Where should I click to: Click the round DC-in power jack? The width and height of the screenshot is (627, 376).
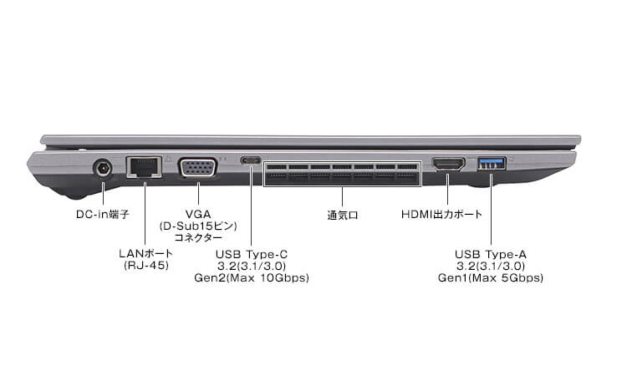coord(103,170)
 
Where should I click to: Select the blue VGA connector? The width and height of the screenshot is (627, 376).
coord(197,169)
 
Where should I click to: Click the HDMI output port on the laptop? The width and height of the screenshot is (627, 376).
coord(449,165)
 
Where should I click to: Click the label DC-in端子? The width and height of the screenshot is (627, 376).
coord(102,215)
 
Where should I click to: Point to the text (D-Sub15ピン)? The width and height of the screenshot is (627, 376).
coord(197,226)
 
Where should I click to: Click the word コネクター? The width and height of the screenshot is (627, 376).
coord(197,238)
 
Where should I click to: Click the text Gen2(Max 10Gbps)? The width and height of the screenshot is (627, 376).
coord(251,277)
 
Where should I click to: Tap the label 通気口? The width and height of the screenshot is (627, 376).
coord(342,215)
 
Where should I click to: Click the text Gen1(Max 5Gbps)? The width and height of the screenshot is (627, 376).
coord(492,277)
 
